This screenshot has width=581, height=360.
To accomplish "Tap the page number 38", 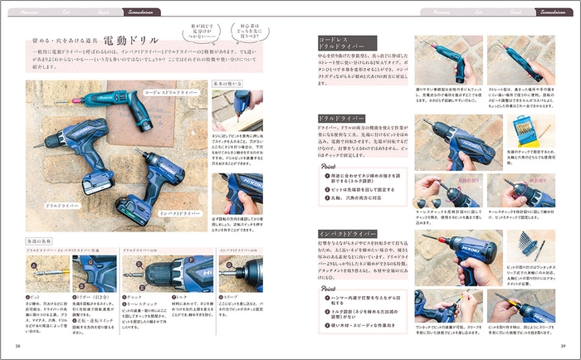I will point(17,346).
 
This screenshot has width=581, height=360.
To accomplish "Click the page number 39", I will point(563,346).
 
